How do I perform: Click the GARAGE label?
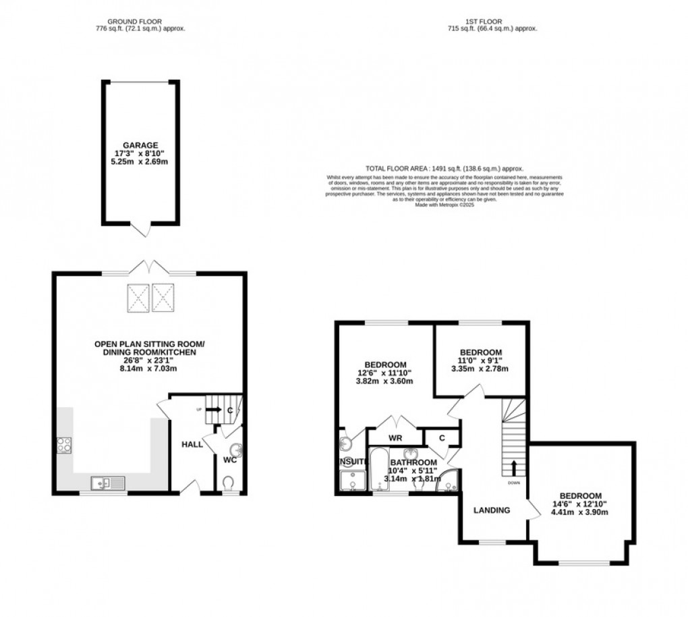tap(140, 144)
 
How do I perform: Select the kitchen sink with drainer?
tap(108, 482)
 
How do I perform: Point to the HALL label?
tap(192, 444)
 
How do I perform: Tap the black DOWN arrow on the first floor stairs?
tap(514, 467)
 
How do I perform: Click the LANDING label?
tap(491, 510)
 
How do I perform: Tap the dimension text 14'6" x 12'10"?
tap(581, 503)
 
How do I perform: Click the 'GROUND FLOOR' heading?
tap(140, 21)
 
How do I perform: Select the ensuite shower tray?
tap(351, 481)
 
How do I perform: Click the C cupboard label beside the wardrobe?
tap(441, 437)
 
